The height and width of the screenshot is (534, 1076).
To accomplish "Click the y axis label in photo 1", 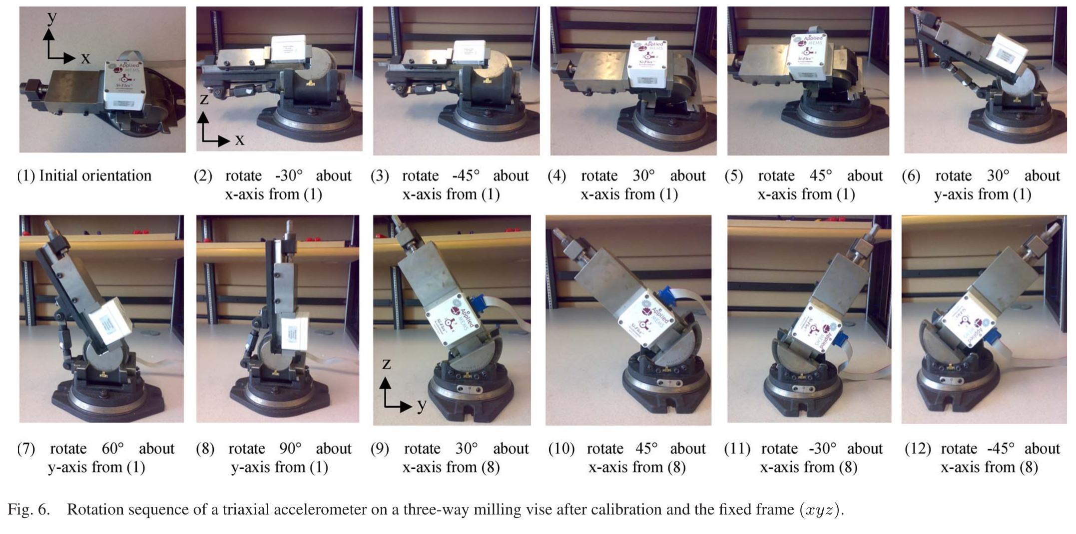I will [x=51, y=17].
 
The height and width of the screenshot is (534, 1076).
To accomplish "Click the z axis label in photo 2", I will [x=204, y=99].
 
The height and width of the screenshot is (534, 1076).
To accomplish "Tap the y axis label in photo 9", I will [x=422, y=404].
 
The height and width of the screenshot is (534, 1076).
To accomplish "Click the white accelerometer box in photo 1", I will [x=125, y=85].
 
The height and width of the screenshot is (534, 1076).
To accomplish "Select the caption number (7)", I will [x=26, y=448].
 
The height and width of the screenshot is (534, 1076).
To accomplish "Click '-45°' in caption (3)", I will [x=466, y=176].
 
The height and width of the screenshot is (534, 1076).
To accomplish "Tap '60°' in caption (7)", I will [x=113, y=448].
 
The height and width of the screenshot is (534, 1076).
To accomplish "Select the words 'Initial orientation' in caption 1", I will [x=95, y=176].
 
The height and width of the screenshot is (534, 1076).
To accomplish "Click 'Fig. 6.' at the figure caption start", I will [x=28, y=509].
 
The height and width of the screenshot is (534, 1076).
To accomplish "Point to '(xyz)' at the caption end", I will [x=821, y=509].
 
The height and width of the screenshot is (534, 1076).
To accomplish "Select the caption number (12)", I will [x=918, y=448].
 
